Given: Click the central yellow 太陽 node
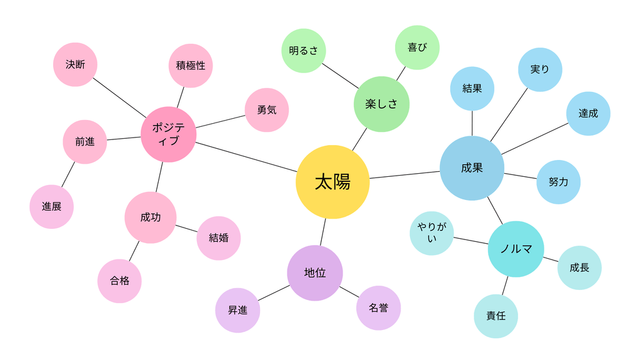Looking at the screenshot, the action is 332,182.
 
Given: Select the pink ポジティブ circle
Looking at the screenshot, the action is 169,135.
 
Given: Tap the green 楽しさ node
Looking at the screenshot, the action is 382,104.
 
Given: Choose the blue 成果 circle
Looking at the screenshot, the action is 472,168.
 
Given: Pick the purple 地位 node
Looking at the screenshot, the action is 315,273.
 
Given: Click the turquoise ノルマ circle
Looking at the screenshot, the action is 516,249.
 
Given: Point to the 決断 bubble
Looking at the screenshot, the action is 75,64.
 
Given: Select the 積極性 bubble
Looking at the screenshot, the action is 191,66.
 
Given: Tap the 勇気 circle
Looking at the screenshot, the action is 267,110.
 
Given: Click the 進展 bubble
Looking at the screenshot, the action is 51,207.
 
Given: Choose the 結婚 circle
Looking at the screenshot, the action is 219,238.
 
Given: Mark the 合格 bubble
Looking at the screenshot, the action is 119,281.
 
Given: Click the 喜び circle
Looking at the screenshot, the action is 417,47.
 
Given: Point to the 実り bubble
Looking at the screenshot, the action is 540,70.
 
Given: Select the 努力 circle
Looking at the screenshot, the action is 558,182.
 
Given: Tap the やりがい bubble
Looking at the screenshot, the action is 432,233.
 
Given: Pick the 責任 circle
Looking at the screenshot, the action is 496,316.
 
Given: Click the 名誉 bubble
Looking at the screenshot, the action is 378,308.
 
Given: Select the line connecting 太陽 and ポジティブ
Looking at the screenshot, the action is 246,157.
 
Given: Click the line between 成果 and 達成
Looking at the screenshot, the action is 535,139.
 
